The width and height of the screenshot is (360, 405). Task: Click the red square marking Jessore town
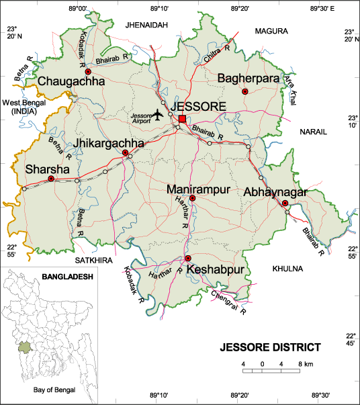(x=182, y=119)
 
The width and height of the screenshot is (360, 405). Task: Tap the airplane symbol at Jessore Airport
(x=158, y=115)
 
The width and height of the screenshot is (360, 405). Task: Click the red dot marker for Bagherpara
(x=245, y=91)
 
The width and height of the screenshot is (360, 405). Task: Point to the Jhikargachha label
(x=109, y=143)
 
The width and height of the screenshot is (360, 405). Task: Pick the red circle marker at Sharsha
(x=51, y=179)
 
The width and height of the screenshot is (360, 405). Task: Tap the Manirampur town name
(x=199, y=189)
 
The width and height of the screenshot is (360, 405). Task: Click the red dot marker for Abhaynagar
(x=285, y=203)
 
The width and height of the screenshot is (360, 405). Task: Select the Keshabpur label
(x=214, y=270)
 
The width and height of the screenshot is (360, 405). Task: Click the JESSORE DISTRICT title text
(x=271, y=348)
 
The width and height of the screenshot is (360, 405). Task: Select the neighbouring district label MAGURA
(x=271, y=31)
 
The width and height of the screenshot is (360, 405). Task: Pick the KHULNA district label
(x=288, y=269)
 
